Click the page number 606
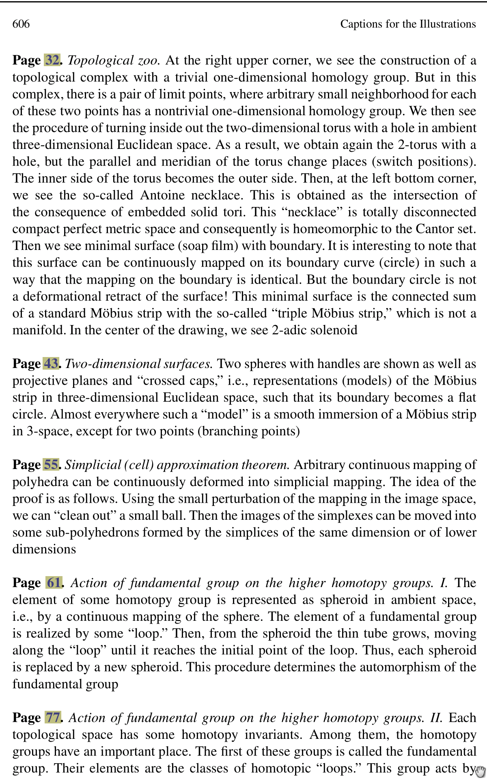coord(21,24)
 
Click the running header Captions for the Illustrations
coord(407,24)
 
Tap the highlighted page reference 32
coord(52,60)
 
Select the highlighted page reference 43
coord(51,363)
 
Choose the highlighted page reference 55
coord(51,464)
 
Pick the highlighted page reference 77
coord(53,717)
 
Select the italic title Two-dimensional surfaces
coord(139,364)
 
